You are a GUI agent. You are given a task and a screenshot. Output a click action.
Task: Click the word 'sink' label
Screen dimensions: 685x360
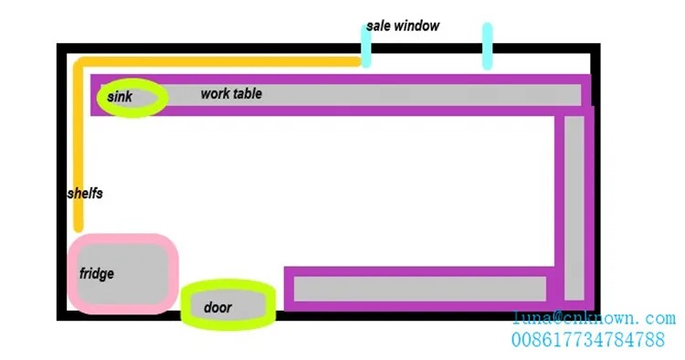pyautogui.click(x=120, y=97)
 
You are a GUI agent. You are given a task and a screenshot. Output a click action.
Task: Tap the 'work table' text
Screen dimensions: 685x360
pyautogui.click(x=231, y=93)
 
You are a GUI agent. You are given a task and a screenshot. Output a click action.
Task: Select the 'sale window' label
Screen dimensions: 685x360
pyautogui.click(x=403, y=26)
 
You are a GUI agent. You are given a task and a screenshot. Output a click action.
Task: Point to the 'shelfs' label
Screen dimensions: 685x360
pyautogui.click(x=85, y=193)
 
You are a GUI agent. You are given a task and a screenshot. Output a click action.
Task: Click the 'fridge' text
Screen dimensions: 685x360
pyautogui.click(x=97, y=273)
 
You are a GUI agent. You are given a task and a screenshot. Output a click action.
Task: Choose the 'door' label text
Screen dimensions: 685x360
pyautogui.click(x=217, y=307)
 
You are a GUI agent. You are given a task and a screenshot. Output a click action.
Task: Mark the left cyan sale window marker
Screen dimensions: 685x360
pyautogui.click(x=366, y=46)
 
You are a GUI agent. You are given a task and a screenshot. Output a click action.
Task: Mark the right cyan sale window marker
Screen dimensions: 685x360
pyautogui.click(x=488, y=46)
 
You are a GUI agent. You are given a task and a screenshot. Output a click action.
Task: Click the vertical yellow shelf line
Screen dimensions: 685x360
pyautogui.click(x=79, y=146)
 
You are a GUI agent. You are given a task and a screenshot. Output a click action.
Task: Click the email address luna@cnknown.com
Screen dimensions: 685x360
pyautogui.click(x=594, y=318)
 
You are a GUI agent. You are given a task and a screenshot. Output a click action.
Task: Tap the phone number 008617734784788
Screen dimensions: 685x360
pyautogui.click(x=588, y=340)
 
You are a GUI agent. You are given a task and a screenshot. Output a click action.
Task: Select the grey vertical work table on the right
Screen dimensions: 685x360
pyautogui.click(x=574, y=208)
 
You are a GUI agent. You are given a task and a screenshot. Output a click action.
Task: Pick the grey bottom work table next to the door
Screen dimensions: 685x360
pyautogui.click(x=420, y=289)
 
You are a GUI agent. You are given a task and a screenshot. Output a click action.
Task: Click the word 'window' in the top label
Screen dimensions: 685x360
pyautogui.click(x=416, y=26)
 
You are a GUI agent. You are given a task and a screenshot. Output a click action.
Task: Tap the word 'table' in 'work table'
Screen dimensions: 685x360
pyautogui.click(x=248, y=93)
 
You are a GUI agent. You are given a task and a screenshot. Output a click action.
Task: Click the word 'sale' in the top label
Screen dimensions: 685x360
pyautogui.click(x=378, y=26)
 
